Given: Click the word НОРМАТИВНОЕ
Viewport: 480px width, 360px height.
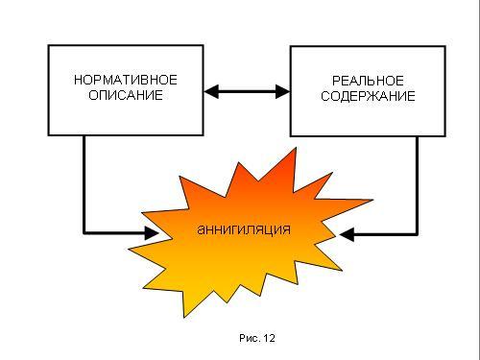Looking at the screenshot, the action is [x=126, y=80].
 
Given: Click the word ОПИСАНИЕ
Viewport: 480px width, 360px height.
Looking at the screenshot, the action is [x=126, y=95].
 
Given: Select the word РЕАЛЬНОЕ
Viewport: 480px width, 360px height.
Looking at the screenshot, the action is [x=368, y=81].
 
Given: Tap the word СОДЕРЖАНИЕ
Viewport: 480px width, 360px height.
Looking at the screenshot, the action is [x=368, y=96].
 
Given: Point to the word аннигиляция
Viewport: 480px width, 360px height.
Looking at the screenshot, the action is [x=244, y=229].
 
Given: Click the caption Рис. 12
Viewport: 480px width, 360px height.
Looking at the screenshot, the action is [x=257, y=338].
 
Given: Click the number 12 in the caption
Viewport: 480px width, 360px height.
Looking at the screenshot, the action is [x=270, y=338].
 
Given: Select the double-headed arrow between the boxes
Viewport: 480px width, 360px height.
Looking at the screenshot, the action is [x=247, y=92].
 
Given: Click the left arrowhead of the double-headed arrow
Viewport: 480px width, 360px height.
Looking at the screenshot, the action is [x=211, y=92].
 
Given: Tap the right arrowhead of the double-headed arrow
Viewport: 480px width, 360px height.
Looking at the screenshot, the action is [x=283, y=92].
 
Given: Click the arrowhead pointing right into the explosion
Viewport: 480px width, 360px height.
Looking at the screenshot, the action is [x=152, y=233].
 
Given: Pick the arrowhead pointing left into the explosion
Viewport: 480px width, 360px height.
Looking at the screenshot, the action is [x=347, y=234].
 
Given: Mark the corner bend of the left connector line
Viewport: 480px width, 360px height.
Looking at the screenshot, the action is [x=84, y=233].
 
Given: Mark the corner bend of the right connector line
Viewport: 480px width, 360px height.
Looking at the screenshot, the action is [x=417, y=234].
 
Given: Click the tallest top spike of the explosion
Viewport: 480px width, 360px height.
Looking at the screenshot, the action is [x=296, y=148].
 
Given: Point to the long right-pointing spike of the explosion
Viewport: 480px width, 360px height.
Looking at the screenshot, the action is [x=372, y=201].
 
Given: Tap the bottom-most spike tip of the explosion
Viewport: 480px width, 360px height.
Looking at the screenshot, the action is [x=184, y=318].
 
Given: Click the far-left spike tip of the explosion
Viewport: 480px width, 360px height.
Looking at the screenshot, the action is [x=129, y=249].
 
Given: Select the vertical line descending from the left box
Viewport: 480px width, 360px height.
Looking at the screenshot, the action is [x=84, y=184].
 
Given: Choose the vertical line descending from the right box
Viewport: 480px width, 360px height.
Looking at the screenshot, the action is [x=417, y=185].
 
